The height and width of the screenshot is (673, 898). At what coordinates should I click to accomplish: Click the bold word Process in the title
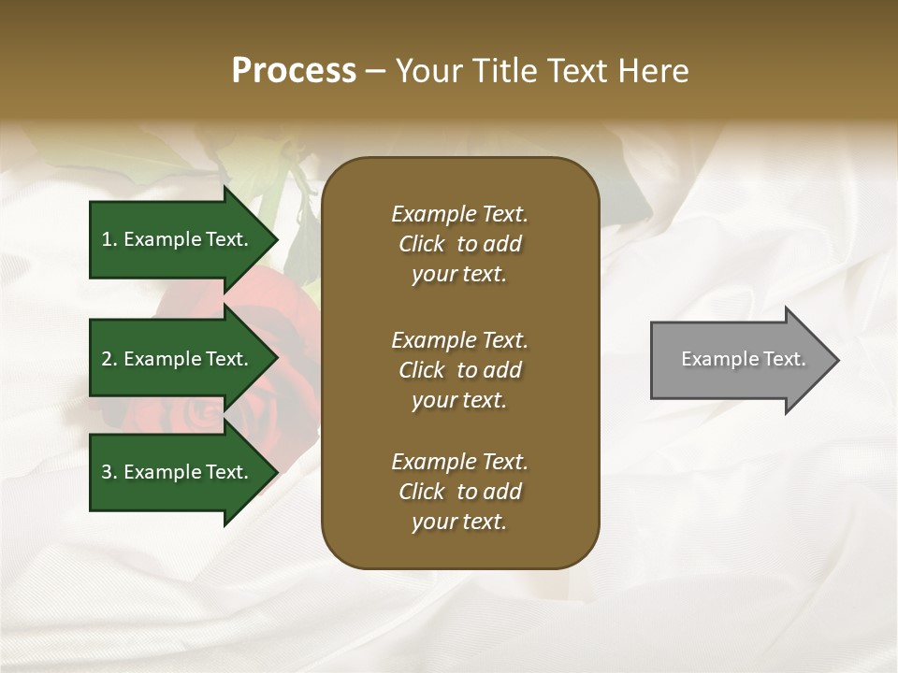(x=294, y=71)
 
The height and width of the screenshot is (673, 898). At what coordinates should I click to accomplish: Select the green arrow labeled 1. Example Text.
(x=178, y=239)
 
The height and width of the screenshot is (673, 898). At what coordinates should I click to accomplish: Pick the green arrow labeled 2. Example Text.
(x=178, y=359)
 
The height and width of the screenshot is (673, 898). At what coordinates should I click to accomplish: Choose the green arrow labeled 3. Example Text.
(x=178, y=472)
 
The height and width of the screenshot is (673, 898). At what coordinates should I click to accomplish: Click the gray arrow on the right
(x=739, y=360)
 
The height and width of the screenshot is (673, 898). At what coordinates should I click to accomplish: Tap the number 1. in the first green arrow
(x=109, y=239)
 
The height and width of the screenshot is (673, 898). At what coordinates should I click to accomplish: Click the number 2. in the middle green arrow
(x=109, y=359)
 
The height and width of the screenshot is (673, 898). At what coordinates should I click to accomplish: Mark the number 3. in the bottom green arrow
(x=109, y=472)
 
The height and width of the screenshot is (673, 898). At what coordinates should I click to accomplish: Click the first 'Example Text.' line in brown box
(x=459, y=214)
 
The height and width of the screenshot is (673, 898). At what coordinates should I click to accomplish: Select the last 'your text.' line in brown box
(x=459, y=522)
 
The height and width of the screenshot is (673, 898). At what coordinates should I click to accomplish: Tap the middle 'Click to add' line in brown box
(x=459, y=370)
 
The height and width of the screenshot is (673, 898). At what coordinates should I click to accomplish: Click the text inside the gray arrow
(x=743, y=359)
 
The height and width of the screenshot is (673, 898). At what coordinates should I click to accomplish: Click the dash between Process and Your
(x=376, y=71)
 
